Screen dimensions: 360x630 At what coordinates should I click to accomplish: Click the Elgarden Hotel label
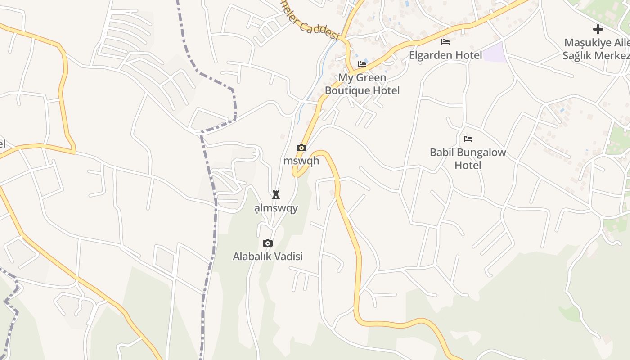(x=445, y=55)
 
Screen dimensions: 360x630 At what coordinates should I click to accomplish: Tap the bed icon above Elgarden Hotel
(x=445, y=42)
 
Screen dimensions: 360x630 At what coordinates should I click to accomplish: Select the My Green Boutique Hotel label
(x=362, y=84)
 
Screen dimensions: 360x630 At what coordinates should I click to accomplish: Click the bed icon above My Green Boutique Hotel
(x=362, y=64)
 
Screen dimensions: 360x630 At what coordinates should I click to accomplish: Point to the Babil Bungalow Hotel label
(x=468, y=158)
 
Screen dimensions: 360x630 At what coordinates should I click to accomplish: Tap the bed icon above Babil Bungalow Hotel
(x=468, y=139)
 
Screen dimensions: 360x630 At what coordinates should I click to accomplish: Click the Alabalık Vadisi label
(x=268, y=256)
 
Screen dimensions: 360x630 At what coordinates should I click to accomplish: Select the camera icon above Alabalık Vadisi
(x=268, y=243)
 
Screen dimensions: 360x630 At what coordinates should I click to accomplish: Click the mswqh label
(x=301, y=161)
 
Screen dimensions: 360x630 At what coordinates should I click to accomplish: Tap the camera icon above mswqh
(x=301, y=148)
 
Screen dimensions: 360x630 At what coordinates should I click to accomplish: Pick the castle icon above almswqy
(x=276, y=195)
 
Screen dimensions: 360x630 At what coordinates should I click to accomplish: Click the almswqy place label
(x=276, y=208)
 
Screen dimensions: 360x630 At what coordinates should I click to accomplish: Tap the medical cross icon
(x=598, y=30)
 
